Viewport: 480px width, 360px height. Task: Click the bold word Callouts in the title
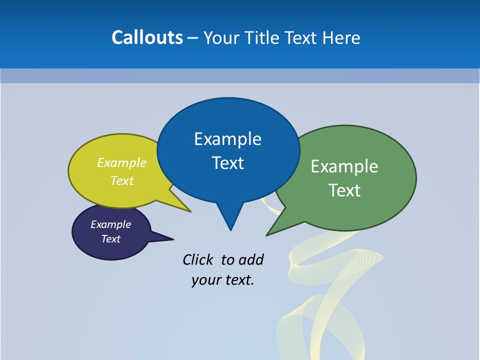coord(147,37)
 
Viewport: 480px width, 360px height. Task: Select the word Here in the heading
coord(341,37)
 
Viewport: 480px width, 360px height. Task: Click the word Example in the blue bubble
coord(227,139)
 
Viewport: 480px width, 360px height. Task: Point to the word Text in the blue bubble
coord(227,163)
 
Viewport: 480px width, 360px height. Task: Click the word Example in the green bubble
coord(344,166)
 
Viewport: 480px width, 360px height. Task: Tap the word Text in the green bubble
coord(344,190)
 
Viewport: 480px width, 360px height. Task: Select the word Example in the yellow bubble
coord(122,162)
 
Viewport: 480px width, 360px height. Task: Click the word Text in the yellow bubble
coord(122,180)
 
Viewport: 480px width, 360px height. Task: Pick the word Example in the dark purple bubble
coord(111,224)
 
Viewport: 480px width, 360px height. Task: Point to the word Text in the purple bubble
coord(111,239)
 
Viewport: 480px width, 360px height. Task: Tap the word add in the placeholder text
coord(251,259)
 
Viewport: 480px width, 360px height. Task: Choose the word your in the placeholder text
coord(205,280)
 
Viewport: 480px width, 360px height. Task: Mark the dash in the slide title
coord(193,38)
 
